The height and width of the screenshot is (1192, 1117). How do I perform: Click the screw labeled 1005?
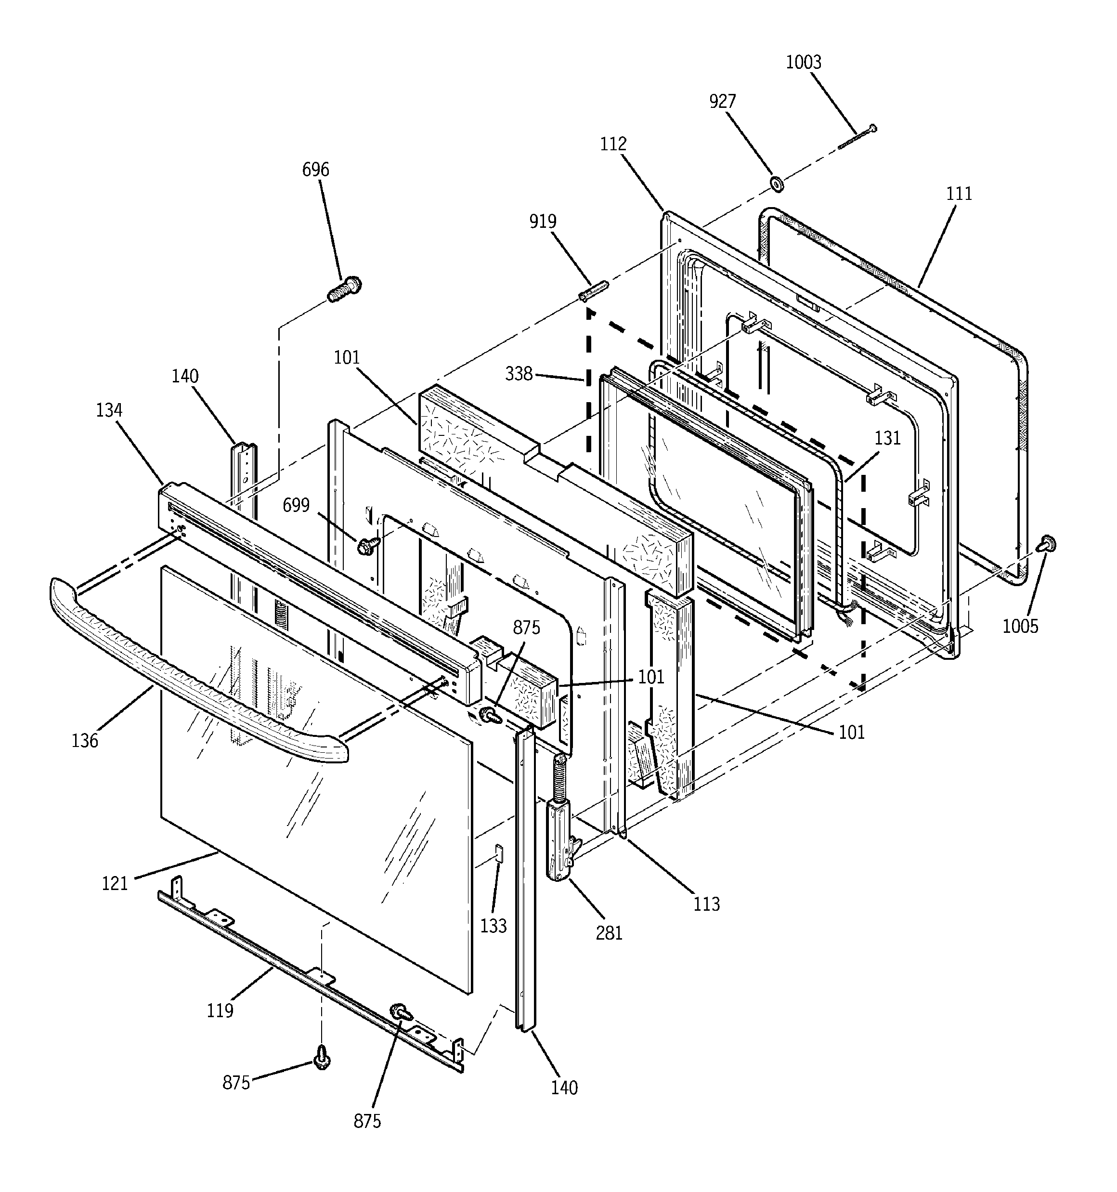point(1048,544)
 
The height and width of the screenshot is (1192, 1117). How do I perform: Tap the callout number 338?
point(519,374)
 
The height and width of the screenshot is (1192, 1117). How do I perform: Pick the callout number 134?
point(109,410)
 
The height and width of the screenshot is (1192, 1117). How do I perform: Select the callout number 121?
point(115,884)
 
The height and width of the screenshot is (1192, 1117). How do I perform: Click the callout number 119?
point(220,1010)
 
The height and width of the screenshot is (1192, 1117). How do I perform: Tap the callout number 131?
point(887,438)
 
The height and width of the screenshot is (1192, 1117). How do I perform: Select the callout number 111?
point(959,194)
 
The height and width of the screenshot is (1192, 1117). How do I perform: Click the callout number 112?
point(613,144)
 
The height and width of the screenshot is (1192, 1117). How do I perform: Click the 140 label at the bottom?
point(564,1087)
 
